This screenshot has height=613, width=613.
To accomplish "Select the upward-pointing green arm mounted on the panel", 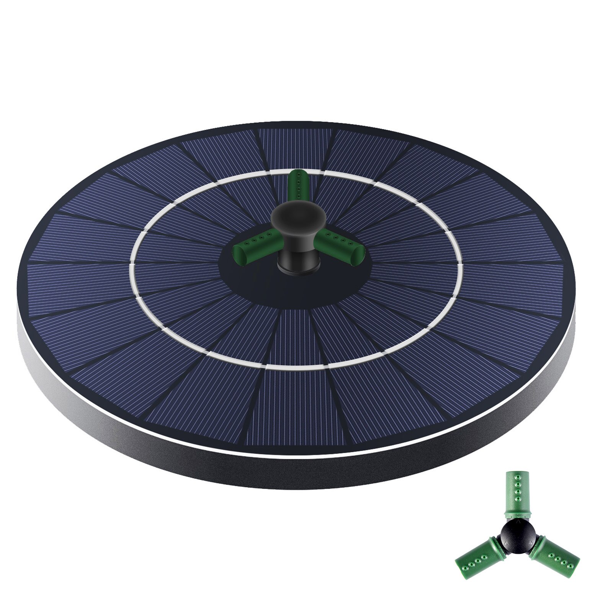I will coord(296,185).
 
